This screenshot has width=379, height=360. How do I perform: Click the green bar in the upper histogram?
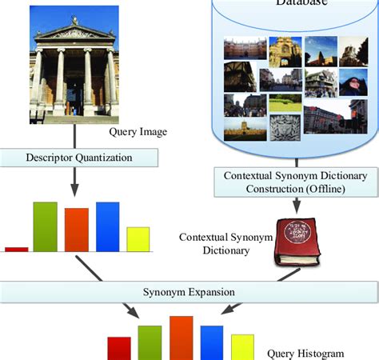coord(45,226)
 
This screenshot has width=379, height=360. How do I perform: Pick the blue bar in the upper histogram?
coord(107,226)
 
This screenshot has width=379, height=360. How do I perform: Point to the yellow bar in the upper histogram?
coord(138,239)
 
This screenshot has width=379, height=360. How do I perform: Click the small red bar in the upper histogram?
coord(16,249)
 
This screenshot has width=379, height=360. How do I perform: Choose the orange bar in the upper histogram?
coord(76,230)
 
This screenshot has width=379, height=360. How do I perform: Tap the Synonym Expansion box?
coord(189,291)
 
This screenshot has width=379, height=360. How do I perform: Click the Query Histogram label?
coord(305,352)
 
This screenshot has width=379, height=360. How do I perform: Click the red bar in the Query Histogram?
coord(119,348)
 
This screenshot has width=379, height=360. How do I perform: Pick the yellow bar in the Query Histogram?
coord(242,346)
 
